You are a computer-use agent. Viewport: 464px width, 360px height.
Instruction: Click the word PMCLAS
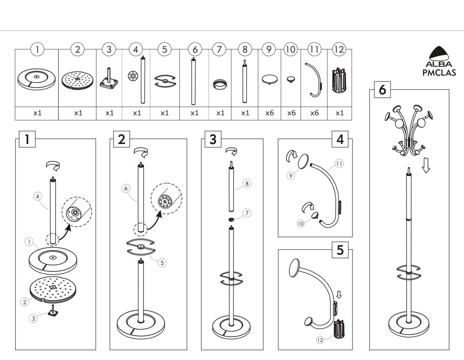(439, 73)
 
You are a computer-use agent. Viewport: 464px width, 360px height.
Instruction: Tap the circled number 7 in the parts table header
(219, 49)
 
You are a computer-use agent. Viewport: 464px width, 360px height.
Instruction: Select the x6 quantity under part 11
(314, 113)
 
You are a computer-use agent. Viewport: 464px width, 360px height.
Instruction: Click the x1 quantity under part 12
(339, 113)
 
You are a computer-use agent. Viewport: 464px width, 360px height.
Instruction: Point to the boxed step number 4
(340, 139)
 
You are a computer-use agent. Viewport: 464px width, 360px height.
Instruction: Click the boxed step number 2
(121, 139)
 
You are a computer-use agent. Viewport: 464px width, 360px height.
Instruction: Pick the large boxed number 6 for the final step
(382, 90)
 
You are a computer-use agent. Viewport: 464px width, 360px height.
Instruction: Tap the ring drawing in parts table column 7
(220, 84)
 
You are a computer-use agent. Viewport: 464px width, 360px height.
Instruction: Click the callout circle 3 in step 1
(33, 319)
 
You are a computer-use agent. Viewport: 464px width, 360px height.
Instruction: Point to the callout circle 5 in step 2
(162, 263)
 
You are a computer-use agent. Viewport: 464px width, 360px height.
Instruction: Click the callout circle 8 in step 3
(247, 183)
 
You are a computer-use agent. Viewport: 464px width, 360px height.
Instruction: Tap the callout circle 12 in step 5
(320, 340)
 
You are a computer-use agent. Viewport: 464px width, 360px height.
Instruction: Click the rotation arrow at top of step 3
(231, 151)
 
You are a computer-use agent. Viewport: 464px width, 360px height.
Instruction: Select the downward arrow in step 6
(426, 165)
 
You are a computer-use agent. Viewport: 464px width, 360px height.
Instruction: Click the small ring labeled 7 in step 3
(231, 219)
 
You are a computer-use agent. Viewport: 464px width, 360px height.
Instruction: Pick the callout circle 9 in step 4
(291, 176)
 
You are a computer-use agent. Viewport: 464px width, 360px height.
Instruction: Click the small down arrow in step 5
(339, 295)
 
